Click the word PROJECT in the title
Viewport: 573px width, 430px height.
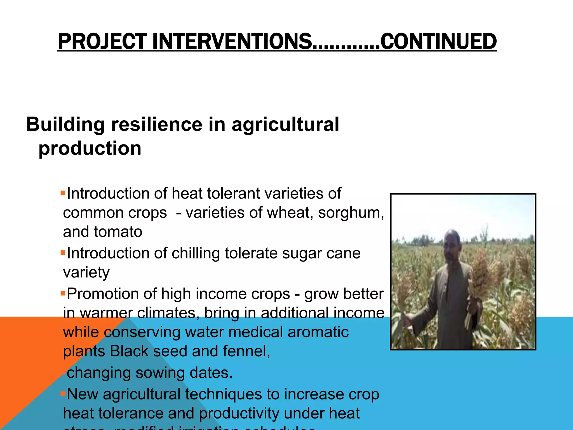point(102,41)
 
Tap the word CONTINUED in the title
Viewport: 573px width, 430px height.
point(438,41)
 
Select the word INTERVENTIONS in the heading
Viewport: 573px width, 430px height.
point(232,41)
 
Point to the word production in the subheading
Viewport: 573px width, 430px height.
point(90,148)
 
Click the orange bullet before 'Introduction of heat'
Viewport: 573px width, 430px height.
point(63,193)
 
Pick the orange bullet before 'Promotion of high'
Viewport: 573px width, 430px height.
point(63,293)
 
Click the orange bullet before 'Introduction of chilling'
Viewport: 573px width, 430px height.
point(63,253)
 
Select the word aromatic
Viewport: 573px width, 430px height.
point(318,332)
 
